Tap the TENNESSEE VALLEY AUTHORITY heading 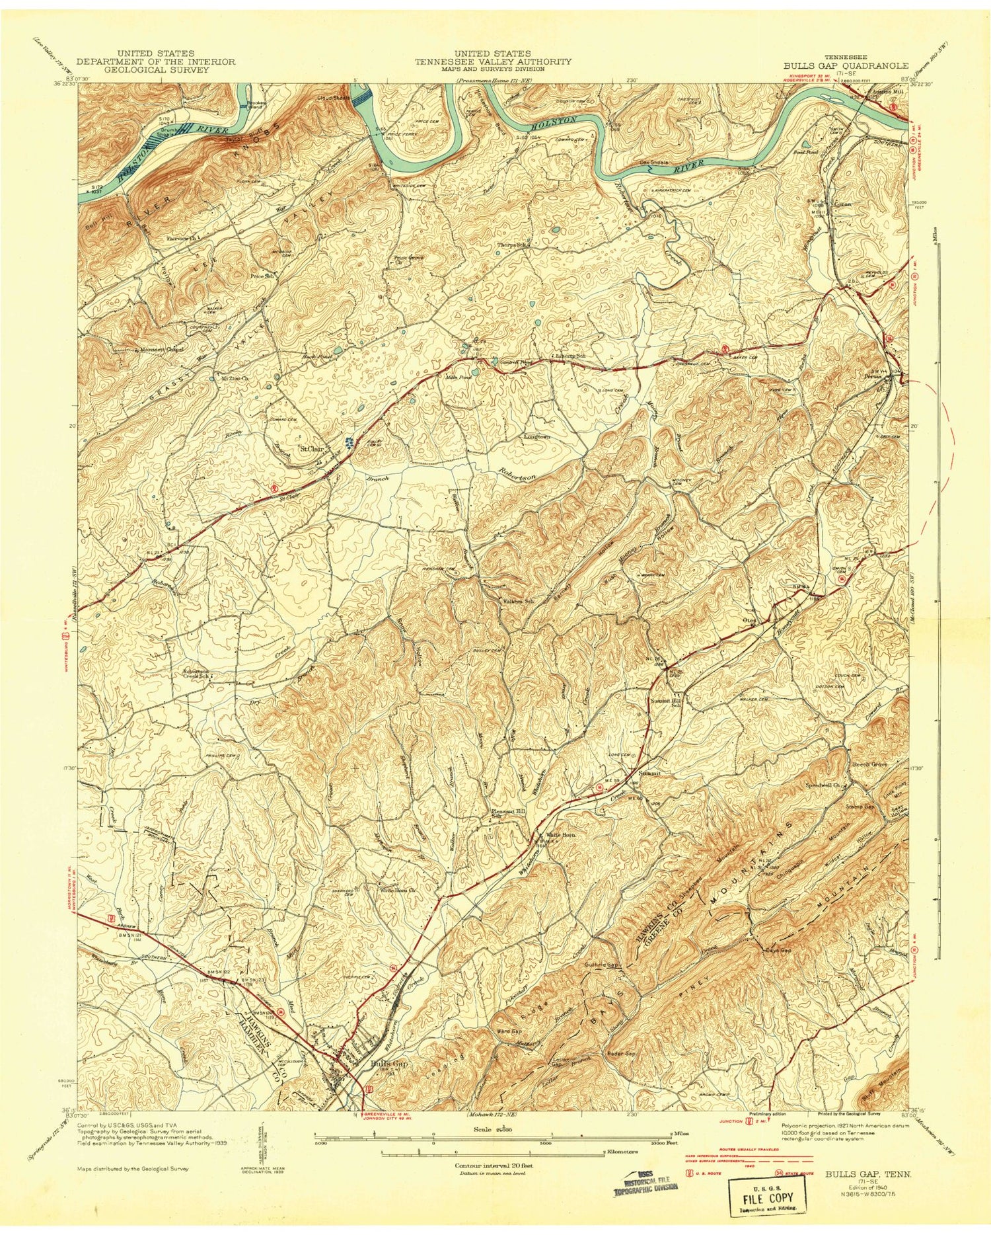coord(493,61)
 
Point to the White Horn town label coord(560,835)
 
